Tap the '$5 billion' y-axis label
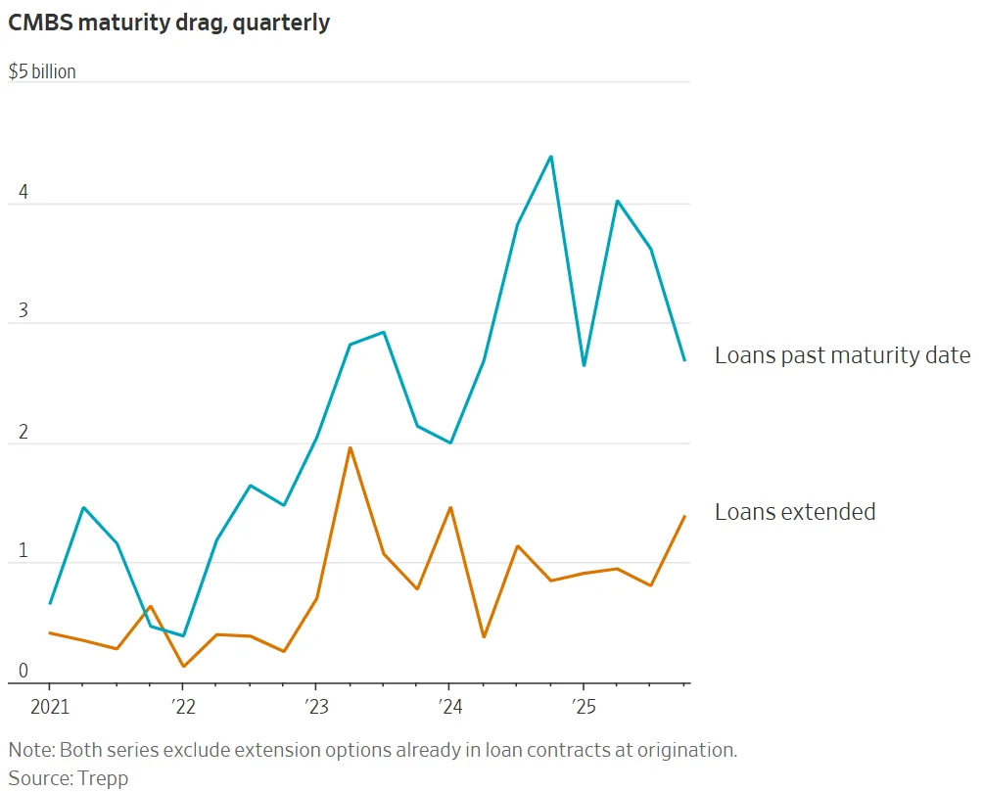pos(42,72)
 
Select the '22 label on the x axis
pos(182,706)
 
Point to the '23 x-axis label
pos(315,706)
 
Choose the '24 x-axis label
pos(448,706)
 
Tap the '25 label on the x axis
pos(583,706)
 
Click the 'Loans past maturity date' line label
pos(842,355)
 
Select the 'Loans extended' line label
pos(795,512)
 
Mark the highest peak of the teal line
pos(551,157)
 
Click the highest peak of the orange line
pos(350,447)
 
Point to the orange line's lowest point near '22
pos(183,667)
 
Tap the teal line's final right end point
pos(684,360)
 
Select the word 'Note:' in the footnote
pos(32,750)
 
